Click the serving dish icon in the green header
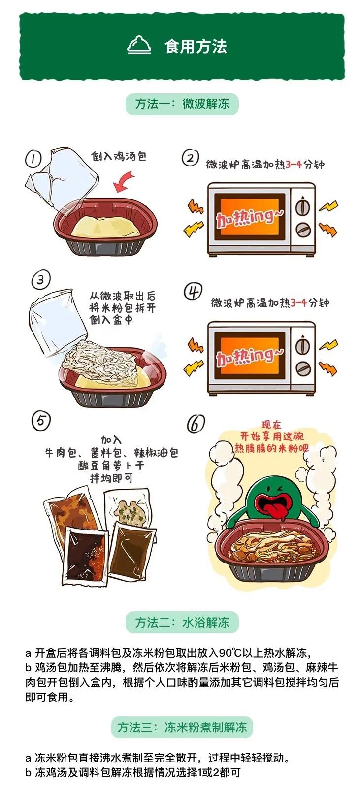click(139, 46)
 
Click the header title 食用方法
click(196, 46)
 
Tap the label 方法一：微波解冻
click(182, 104)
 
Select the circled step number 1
click(33, 158)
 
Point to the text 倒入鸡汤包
click(119, 156)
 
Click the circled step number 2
click(190, 158)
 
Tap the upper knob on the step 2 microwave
click(302, 206)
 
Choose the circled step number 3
click(40, 280)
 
